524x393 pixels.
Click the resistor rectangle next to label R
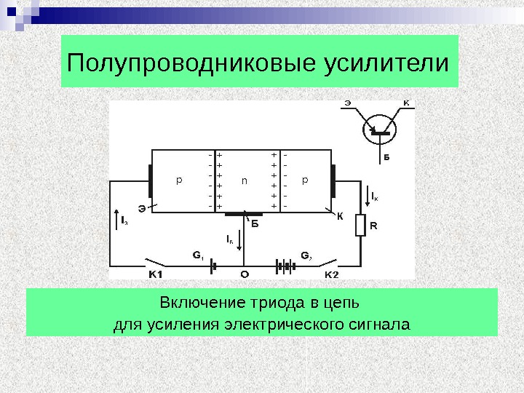[x=360, y=226]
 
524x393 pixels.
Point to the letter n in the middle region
[x=245, y=179]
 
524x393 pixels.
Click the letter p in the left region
[x=179, y=179]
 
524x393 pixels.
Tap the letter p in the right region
[x=306, y=179]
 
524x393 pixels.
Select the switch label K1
[x=156, y=274]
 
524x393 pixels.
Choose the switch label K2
[x=330, y=274]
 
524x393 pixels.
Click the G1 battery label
[x=198, y=255]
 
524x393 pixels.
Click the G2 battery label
[x=306, y=255]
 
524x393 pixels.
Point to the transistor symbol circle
[x=379, y=131]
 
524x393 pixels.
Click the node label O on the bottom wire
[x=244, y=274]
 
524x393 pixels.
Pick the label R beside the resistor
[x=373, y=226]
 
